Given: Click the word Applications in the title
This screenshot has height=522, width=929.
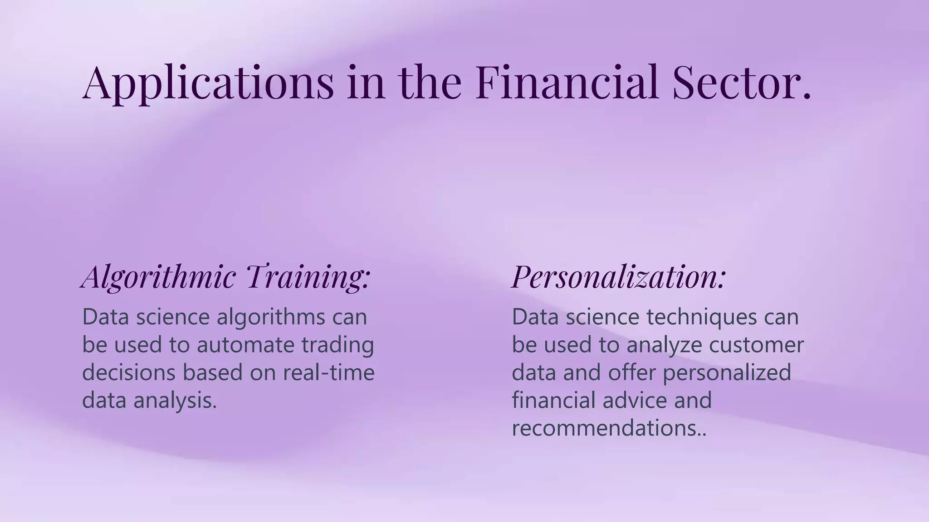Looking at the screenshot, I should pos(208,82).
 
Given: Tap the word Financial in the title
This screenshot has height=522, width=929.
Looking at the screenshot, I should pos(567,82).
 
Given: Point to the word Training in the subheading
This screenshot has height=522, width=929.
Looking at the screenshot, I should pos(308,276).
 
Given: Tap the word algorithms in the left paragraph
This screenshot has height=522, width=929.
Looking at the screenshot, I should pos(271,317).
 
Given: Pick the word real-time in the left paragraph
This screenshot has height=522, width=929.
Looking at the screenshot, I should pos(329,372).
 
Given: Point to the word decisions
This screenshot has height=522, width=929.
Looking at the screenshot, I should pos(129,372).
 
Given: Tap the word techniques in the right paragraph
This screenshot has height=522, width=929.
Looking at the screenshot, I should pos(702,317).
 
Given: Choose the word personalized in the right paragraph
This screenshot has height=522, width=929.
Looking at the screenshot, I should pos(727,372).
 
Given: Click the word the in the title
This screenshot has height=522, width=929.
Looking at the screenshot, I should pos(430,82).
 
